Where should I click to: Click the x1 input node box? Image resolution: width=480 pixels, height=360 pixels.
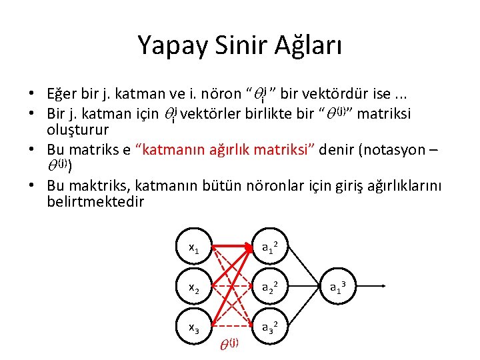pyautogui.click(x=193, y=248)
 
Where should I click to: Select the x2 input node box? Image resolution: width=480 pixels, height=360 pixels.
pyautogui.click(x=193, y=288)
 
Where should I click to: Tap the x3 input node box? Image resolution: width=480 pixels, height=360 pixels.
pyautogui.click(x=193, y=327)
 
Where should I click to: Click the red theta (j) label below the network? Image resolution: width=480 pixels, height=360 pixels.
pyautogui.click(x=229, y=344)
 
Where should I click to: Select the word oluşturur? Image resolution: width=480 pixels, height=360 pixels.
pyautogui.click(x=78, y=127)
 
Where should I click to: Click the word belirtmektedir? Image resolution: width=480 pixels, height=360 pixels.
pyautogui.click(x=95, y=201)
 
